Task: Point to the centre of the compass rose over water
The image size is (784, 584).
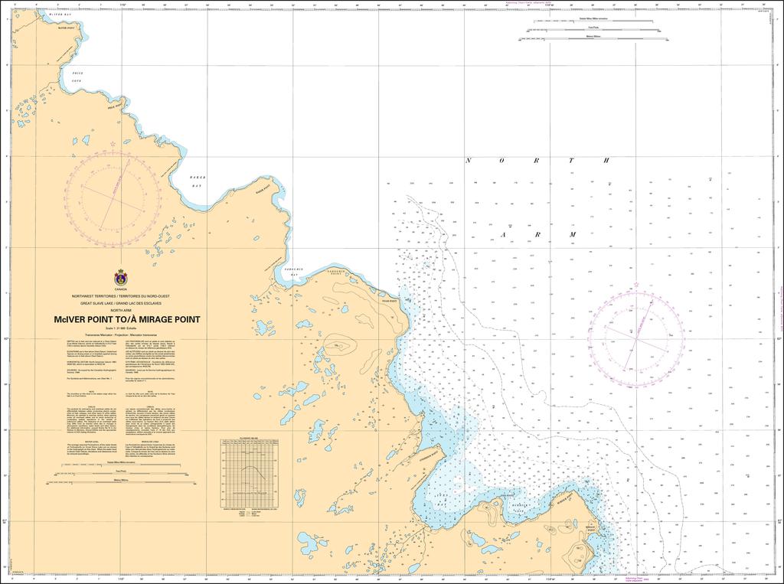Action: pyautogui.click(x=636, y=333)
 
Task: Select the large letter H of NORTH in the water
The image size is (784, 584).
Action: pyautogui.click(x=606, y=161)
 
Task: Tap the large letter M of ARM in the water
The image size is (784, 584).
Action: pyautogui.click(x=572, y=234)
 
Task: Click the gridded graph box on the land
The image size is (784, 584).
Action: pyautogui.click(x=247, y=474)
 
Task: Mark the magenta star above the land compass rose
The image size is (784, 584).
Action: pyautogui.click(x=113, y=144)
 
